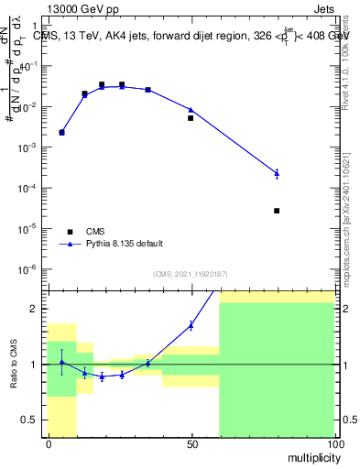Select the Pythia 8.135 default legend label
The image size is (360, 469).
coord(125,244)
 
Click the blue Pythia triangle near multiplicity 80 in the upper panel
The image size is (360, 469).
coord(277,172)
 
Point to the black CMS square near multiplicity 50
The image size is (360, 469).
coord(191,118)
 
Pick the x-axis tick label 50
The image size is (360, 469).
coord(191,443)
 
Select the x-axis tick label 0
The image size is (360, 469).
coord(49,443)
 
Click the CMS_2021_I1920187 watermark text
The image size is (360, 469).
coord(190,274)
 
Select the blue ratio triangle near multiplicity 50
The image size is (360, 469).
coord(191,324)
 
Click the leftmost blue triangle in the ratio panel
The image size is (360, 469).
coord(61,362)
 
